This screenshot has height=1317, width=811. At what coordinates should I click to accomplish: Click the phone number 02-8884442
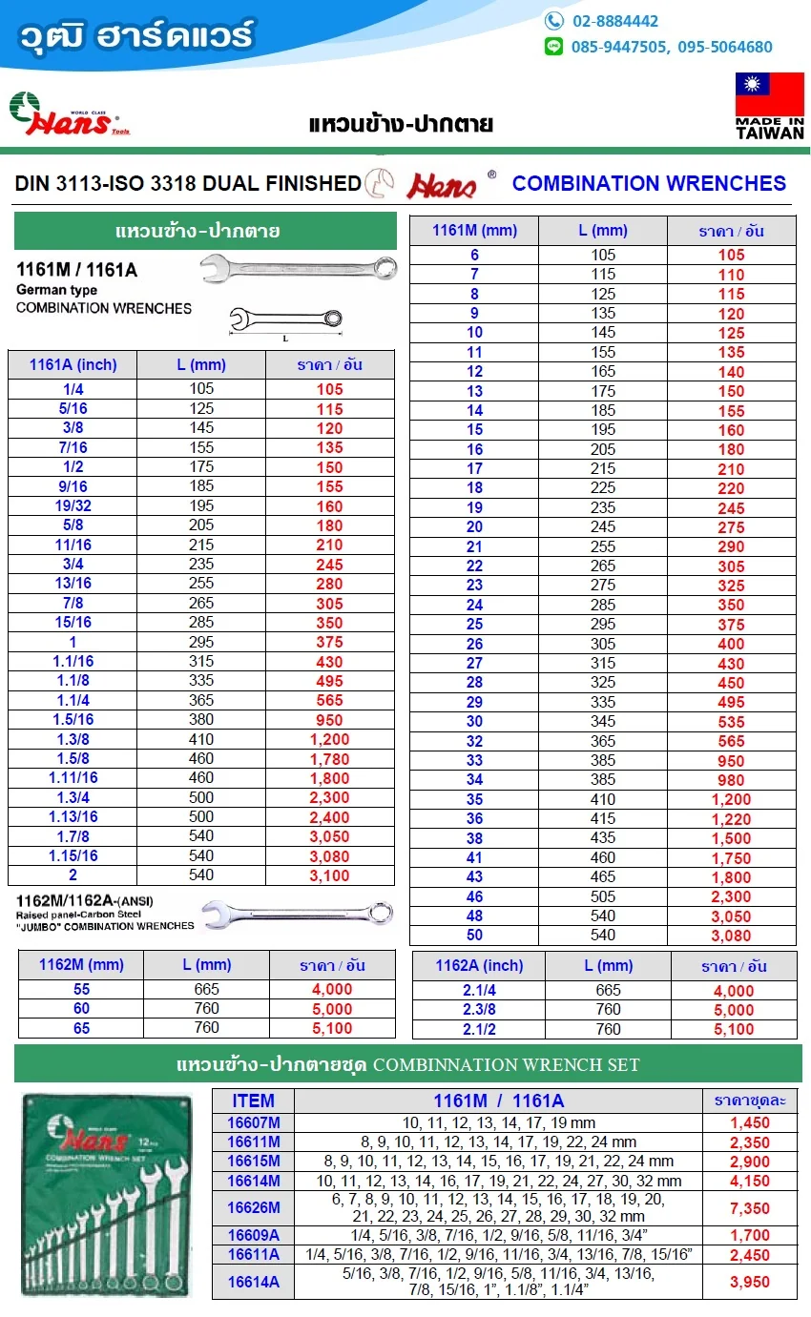614,21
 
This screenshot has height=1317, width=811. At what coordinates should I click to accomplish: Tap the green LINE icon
553,46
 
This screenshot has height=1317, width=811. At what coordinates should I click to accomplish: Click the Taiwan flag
769,93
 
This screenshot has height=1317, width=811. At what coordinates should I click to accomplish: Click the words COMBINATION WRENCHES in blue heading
649,183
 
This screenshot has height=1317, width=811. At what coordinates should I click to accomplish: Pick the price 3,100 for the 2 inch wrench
329,875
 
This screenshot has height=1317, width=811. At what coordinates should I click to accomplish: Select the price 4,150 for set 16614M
749,1181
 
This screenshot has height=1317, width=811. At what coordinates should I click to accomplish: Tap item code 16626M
253,1207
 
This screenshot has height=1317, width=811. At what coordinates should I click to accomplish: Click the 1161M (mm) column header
474,230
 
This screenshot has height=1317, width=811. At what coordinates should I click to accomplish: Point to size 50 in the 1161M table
474,936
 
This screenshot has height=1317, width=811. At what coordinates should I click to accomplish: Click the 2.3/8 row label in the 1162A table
479,1010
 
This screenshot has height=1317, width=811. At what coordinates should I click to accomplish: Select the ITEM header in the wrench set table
253,1101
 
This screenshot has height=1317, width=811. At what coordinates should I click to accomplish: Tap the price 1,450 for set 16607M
749,1122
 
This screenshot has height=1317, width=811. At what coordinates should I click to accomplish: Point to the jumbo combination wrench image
300,914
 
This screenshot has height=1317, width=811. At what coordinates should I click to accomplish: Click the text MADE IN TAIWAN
769,128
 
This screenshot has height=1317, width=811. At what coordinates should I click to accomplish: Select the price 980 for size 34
732,780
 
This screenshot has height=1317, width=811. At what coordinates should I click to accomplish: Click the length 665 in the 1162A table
608,991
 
